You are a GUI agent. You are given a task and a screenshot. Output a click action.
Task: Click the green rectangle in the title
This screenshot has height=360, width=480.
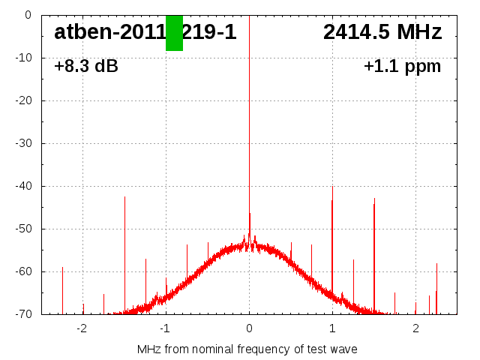pos(174,33)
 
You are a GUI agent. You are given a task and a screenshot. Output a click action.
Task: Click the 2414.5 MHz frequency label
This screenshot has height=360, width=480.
pos(382,32)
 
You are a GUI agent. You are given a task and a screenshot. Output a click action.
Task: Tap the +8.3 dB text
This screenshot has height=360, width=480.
pos(86,66)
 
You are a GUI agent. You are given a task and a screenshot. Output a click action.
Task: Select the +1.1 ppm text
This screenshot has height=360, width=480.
pos(402,66)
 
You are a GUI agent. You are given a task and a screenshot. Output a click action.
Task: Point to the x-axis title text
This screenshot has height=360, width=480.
pos(247,349)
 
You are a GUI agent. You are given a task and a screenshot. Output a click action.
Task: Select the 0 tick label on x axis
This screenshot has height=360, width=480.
pos(249,328)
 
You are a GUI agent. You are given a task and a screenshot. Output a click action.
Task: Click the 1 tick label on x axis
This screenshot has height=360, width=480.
pos(332,328)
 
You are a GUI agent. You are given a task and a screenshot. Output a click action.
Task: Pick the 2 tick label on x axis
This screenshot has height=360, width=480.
pos(415,328)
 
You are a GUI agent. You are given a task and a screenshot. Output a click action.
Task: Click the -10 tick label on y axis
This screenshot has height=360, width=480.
pos(25,58)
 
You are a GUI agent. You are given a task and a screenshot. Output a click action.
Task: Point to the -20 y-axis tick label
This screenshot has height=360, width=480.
pos(25,100)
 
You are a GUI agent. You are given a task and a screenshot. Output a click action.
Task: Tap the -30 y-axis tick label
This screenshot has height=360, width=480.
pos(25,143)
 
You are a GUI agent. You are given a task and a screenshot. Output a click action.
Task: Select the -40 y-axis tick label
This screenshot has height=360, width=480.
pos(25,186)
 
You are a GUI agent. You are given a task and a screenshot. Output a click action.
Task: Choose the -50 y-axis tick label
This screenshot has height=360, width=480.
pos(25,229)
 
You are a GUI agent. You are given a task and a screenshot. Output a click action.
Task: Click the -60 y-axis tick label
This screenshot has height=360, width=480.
pos(25,271)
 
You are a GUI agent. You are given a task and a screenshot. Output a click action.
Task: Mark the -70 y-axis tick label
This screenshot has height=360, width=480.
pos(25,314)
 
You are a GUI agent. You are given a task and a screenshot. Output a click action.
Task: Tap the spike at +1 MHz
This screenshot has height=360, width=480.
pos(332,240)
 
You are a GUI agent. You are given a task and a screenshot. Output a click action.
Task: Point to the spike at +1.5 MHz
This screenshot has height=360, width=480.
pos(374,247)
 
